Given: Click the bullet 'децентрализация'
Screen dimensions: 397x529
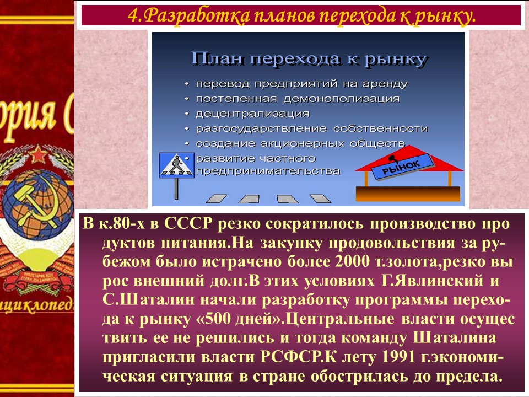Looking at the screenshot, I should (252, 114).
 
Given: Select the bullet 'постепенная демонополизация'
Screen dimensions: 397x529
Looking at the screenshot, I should (298, 99).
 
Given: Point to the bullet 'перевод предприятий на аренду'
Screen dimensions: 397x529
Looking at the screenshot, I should (301, 84).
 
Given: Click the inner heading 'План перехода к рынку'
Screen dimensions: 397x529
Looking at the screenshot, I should (309, 59).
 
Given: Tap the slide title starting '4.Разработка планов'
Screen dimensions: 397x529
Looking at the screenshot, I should (301, 16).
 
